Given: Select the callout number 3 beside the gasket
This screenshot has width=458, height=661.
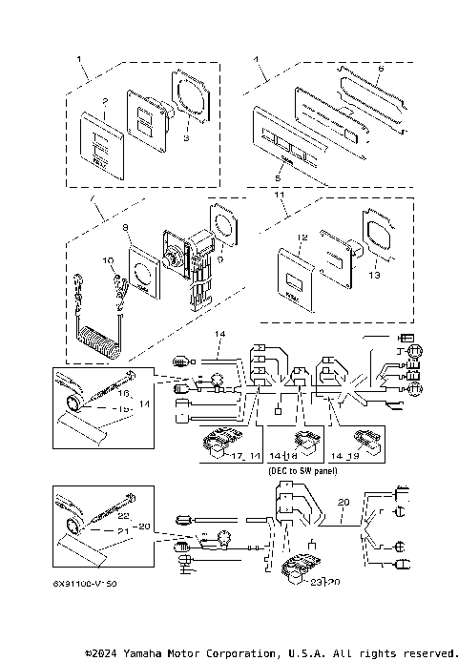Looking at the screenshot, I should (x=187, y=138).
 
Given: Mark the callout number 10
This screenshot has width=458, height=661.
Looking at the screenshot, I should (x=109, y=259).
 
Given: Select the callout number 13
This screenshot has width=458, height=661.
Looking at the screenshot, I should (x=373, y=274).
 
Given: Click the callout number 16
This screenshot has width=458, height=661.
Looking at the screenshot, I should (x=123, y=392).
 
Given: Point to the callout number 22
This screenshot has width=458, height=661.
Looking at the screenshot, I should (x=123, y=516).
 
